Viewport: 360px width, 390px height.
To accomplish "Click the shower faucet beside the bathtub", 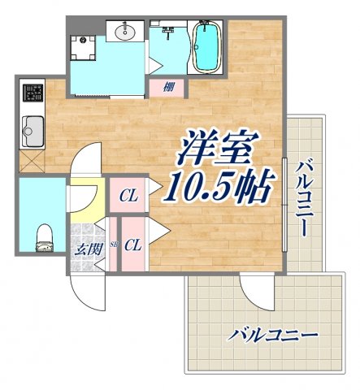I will tap(169, 33).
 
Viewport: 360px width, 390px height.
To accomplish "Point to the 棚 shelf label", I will tap(167, 87).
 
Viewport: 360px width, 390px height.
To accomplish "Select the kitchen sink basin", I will tap(33, 128).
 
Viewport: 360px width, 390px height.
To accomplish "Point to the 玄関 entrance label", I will tap(89, 249).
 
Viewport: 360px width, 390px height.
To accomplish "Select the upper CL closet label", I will tap(127, 195).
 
